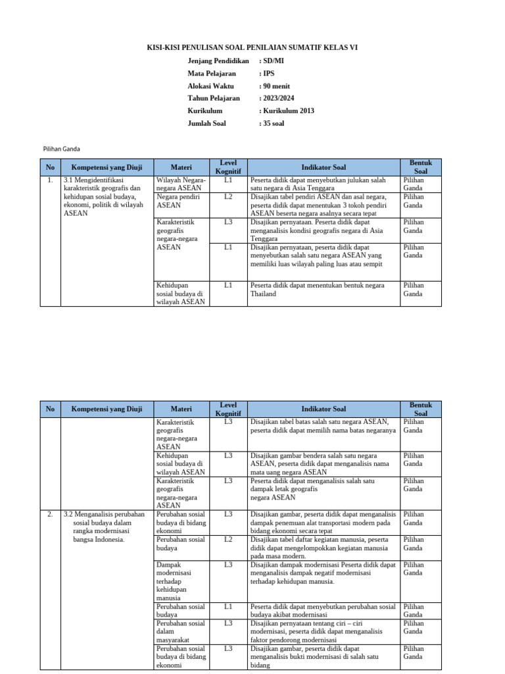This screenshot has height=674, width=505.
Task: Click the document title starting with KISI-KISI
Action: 252,47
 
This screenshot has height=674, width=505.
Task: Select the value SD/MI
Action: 274,61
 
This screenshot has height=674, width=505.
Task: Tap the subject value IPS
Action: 268,73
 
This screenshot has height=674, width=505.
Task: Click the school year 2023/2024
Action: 279,98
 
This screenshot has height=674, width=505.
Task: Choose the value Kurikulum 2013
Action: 289,111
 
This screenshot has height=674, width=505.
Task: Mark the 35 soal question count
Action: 274,123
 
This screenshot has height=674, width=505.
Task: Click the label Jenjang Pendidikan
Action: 218,61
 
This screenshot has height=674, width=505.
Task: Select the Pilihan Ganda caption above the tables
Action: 61,149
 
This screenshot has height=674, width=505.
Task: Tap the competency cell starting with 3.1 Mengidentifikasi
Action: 103,196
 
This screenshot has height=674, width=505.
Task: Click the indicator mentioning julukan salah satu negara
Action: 318,184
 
